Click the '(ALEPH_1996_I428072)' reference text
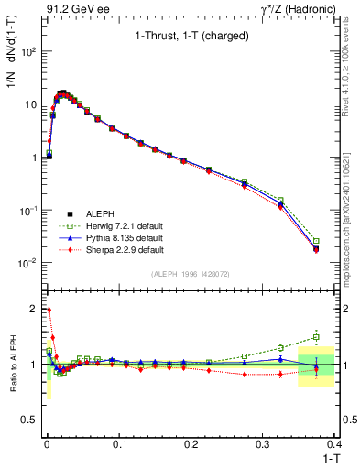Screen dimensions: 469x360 click(190, 274)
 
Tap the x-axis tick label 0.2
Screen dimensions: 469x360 click(191, 442)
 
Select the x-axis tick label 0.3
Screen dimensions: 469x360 click(263, 442)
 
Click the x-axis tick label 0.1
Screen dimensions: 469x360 click(118, 442)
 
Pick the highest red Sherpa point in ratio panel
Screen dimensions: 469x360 click(49, 310)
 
